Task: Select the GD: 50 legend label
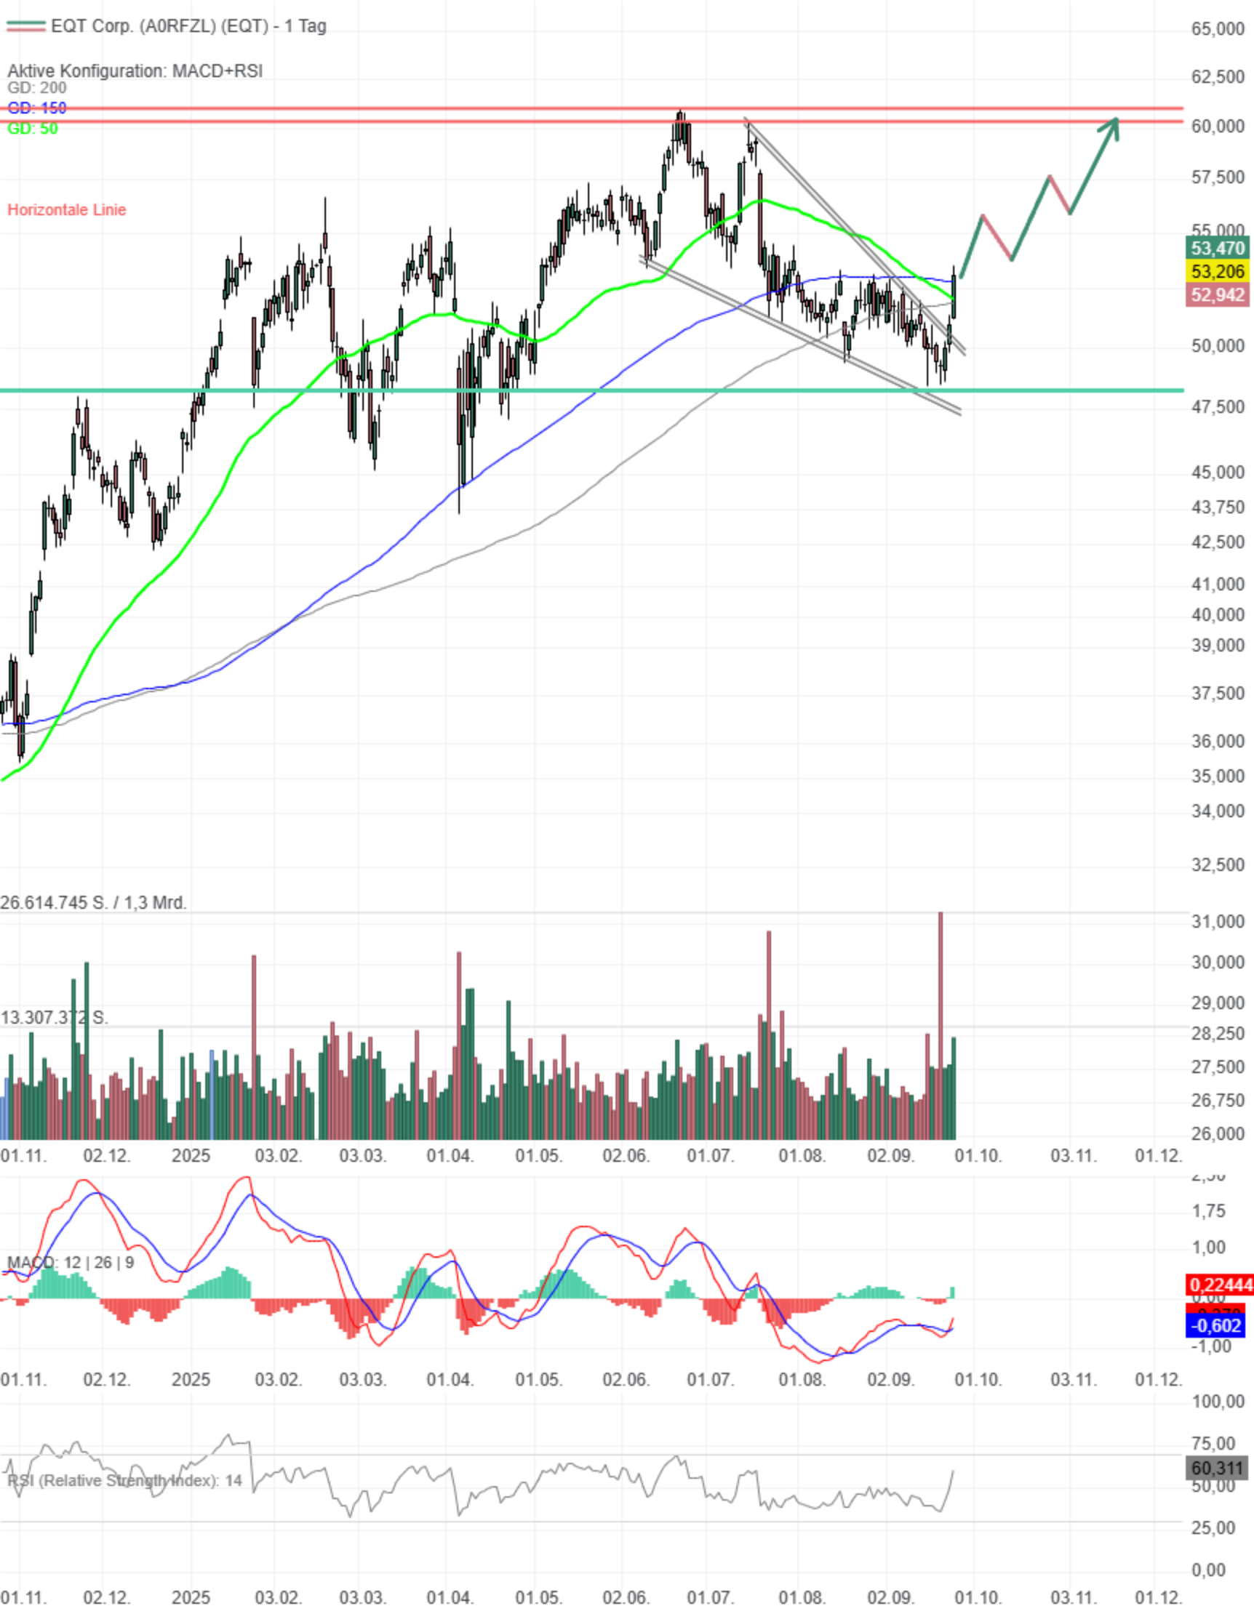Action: click(33, 129)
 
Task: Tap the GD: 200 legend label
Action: click(37, 88)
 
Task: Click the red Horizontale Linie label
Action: click(66, 209)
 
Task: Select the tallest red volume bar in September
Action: click(940, 1025)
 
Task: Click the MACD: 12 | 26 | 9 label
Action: click(71, 1262)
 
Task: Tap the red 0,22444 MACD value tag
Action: click(1219, 1285)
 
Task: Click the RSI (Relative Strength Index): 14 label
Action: click(124, 1480)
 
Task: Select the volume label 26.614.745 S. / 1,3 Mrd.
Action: click(93, 902)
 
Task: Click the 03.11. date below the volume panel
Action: click(1073, 1155)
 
